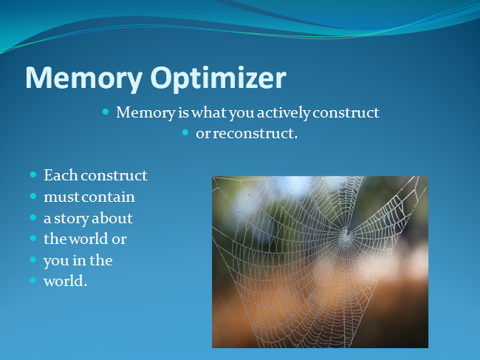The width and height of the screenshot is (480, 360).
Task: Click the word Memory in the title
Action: (84, 78)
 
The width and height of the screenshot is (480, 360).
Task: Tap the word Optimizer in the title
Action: (219, 78)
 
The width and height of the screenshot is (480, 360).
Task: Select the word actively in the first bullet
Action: (284, 113)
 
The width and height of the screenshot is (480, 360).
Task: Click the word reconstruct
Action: (255, 134)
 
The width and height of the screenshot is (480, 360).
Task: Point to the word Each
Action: (61, 175)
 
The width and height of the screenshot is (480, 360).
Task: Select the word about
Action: (112, 218)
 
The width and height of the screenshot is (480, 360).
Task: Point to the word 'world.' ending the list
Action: (66, 281)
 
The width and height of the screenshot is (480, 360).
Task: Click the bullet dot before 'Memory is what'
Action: (106, 112)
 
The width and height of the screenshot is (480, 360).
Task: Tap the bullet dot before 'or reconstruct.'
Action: (185, 132)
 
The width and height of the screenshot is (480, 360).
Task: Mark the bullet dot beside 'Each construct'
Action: (33, 175)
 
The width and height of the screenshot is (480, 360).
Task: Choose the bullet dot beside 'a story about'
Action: (33, 217)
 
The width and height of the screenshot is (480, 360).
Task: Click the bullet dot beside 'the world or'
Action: (33, 238)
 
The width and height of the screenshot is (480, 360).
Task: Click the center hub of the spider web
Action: (346, 237)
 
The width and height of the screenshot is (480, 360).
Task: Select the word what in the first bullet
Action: (209, 112)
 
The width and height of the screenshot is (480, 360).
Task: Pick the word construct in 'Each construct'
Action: (114, 175)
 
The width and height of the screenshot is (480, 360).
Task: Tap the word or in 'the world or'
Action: (119, 240)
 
